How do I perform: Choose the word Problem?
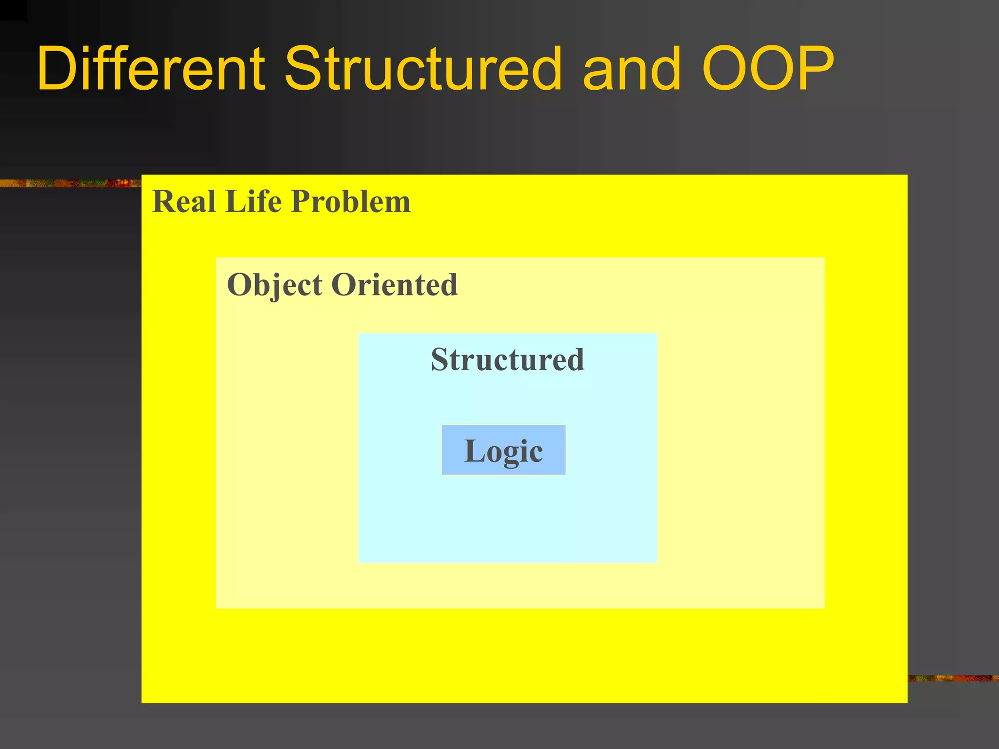(x=351, y=201)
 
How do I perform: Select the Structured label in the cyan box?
(x=507, y=360)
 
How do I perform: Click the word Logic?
(x=503, y=451)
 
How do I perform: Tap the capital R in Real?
(x=164, y=201)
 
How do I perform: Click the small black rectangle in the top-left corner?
(x=13, y=10)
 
